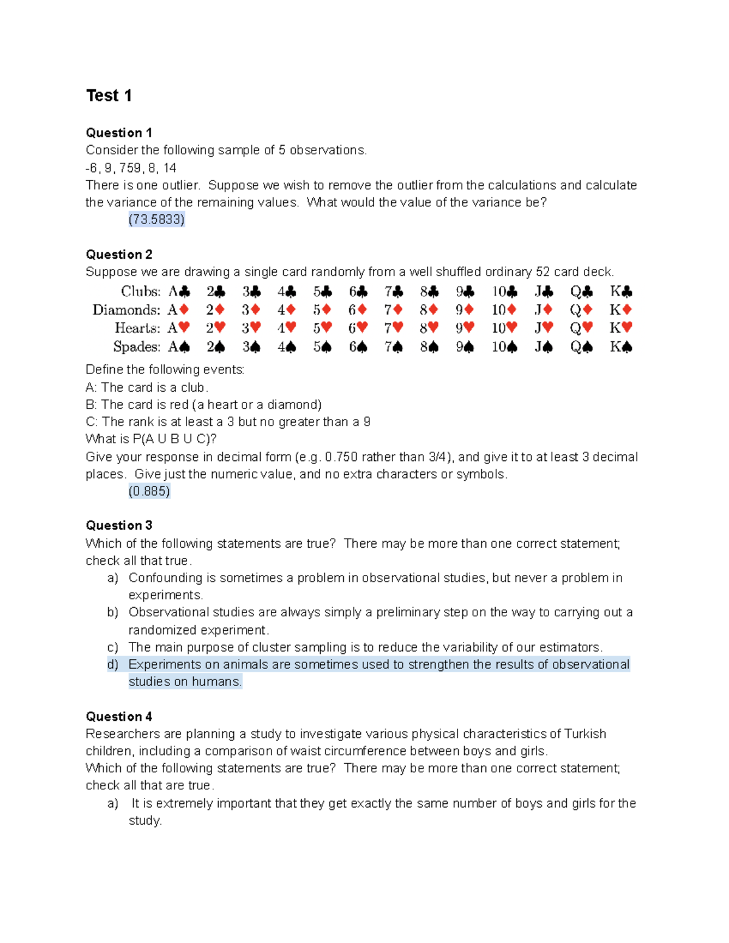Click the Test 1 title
(x=109, y=96)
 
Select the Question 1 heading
(x=118, y=133)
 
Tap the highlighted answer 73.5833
(x=156, y=219)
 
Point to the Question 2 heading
(x=118, y=254)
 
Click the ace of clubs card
(x=179, y=291)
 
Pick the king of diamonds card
(x=621, y=310)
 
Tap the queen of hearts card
(x=581, y=328)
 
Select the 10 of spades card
(x=504, y=347)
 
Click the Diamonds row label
(x=126, y=310)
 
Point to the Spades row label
(x=136, y=347)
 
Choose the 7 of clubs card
(x=393, y=291)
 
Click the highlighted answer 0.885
(x=149, y=491)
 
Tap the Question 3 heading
(x=118, y=525)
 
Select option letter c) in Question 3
(x=112, y=647)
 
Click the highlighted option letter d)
(x=112, y=664)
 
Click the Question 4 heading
(x=118, y=717)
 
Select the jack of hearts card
(x=544, y=328)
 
